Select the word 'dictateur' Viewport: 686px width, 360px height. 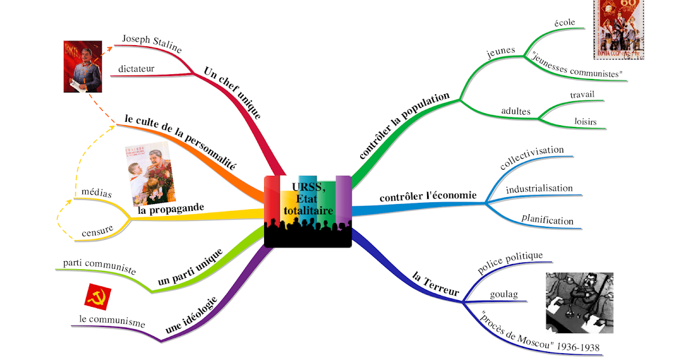coord(136,69)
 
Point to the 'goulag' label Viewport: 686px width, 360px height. coord(504,294)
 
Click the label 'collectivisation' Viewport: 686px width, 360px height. coord(532,158)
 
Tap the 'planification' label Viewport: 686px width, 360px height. coord(547,220)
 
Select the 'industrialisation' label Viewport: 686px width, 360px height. coord(539,188)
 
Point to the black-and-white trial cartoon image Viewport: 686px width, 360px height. coord(579,302)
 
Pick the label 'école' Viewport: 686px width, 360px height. coord(564,23)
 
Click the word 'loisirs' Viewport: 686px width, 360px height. coord(585,122)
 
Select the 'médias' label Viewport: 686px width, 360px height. coord(97,193)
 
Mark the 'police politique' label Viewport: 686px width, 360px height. coord(510,263)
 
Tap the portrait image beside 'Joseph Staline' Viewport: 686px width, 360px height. coord(82,66)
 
